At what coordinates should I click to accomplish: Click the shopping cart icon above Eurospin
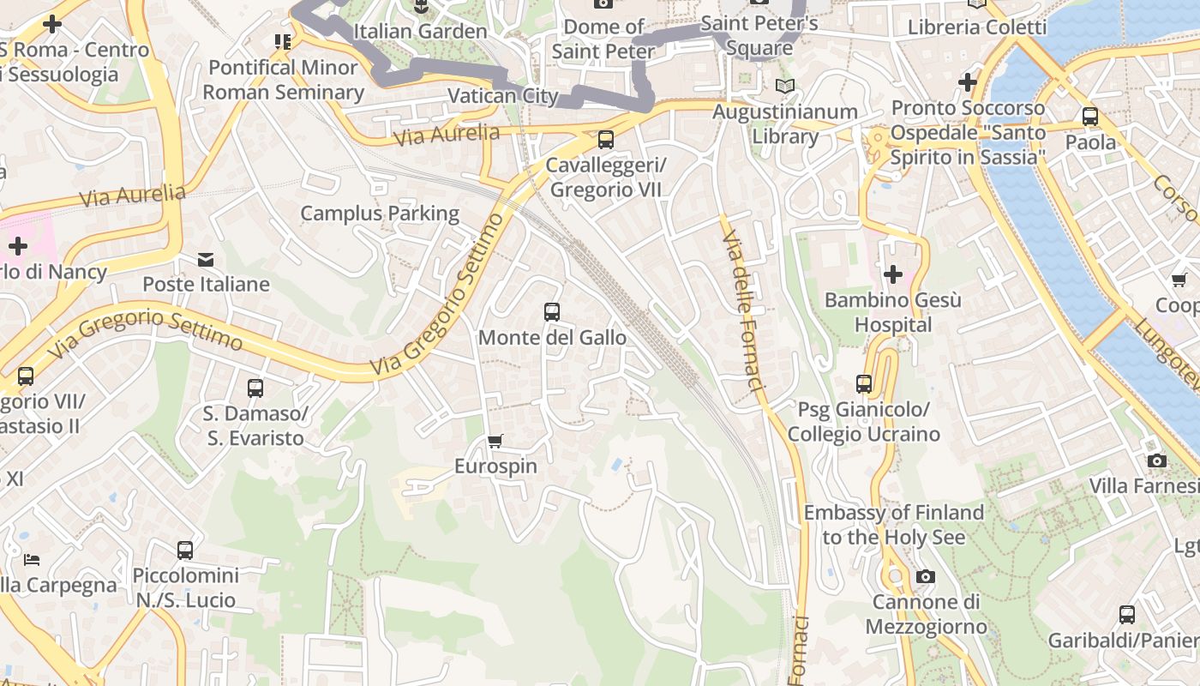[495, 442]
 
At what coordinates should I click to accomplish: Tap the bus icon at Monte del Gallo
[552, 312]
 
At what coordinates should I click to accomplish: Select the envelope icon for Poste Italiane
[206, 259]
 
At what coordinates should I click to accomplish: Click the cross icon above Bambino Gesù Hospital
[893, 274]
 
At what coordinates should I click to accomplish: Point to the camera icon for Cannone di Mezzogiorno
[925, 576]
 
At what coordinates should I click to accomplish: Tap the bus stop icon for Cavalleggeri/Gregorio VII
[606, 139]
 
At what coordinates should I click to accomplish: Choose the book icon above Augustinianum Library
[784, 86]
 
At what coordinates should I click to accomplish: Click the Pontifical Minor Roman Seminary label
[283, 80]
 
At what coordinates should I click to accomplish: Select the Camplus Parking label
[380, 213]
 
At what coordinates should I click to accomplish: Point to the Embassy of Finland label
[893, 525]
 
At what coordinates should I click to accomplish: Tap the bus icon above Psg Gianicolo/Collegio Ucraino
[864, 384]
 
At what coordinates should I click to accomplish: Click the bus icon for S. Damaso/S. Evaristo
[255, 388]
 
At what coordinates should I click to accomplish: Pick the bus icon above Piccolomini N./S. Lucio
[185, 551]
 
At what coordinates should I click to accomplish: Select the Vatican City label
[503, 95]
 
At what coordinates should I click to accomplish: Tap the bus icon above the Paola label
[1090, 117]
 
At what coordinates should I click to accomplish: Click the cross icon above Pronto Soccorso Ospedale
[968, 82]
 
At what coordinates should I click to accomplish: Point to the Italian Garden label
[420, 31]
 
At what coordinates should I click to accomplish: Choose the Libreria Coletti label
[977, 27]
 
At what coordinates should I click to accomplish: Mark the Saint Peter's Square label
[759, 34]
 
